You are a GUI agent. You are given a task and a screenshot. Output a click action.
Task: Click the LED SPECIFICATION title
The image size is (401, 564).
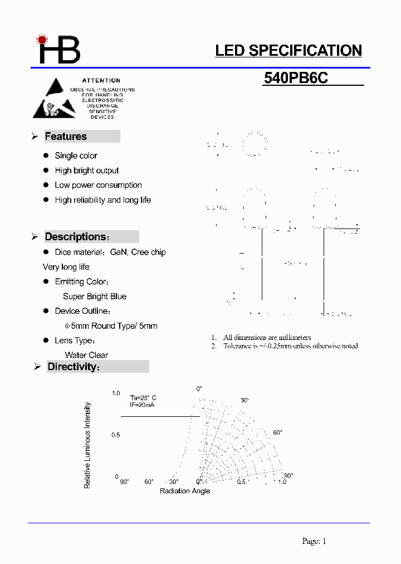pyautogui.click(x=288, y=51)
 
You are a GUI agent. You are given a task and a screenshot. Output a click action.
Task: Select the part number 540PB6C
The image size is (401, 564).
pyautogui.click(x=296, y=79)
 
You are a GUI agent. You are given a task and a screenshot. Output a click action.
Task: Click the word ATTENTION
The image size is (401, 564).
pyautogui.click(x=101, y=81)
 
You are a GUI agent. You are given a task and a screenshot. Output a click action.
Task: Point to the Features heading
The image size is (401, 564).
pyautogui.click(x=66, y=137)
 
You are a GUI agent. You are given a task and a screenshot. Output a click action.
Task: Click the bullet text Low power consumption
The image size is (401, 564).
pyautogui.click(x=98, y=185)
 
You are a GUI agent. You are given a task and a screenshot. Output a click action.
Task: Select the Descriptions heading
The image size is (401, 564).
pyautogui.click(x=75, y=237)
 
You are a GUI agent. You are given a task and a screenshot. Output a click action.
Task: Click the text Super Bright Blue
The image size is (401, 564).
pyautogui.click(x=95, y=296)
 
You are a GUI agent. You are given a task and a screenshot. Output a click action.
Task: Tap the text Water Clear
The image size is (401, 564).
pyautogui.click(x=86, y=355)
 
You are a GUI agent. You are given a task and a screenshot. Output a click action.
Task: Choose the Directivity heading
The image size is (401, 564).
pyautogui.click(x=73, y=367)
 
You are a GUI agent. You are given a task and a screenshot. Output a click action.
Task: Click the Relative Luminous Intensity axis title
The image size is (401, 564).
pyautogui.click(x=87, y=445)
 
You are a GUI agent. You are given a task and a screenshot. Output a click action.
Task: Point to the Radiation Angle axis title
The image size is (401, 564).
pyautogui.click(x=185, y=491)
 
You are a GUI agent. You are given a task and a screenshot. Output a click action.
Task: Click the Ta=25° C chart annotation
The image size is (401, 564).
pyautogui.click(x=143, y=398)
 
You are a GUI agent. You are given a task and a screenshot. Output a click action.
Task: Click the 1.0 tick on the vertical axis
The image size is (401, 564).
pyautogui.click(x=116, y=393)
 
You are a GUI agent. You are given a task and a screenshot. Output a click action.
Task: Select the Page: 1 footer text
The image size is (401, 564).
pyautogui.click(x=314, y=541)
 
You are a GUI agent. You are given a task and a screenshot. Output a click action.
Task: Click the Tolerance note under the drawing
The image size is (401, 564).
pyautogui.click(x=290, y=346)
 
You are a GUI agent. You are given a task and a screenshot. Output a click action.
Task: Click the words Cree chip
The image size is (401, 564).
pyautogui.click(x=148, y=252)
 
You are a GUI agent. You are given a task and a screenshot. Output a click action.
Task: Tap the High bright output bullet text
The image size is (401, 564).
pyautogui.click(x=87, y=171)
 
